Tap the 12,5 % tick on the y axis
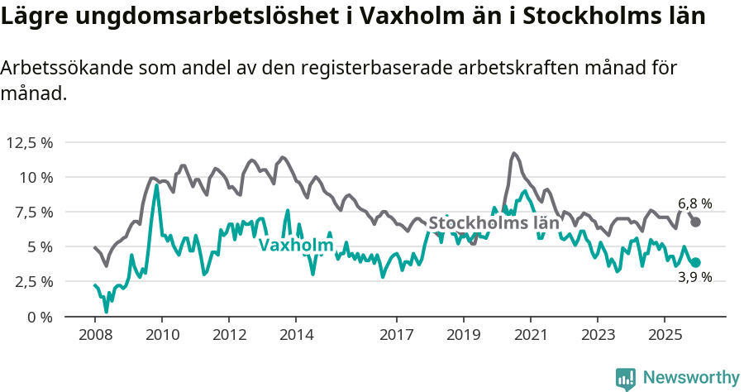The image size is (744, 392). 30,142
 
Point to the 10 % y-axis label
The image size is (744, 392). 35,177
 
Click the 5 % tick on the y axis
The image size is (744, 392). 39,246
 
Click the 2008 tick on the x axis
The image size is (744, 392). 95,335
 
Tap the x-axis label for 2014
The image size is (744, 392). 296,335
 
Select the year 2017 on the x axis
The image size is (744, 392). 397,335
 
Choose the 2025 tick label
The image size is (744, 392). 665,335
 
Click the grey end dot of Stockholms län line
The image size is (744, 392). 696,222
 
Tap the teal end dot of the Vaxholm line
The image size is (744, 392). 696,262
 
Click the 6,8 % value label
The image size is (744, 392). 694,203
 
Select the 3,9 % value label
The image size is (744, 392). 694,278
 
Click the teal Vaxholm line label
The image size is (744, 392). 295,245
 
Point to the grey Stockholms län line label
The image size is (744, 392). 494,222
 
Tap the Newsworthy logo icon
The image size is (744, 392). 626,378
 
